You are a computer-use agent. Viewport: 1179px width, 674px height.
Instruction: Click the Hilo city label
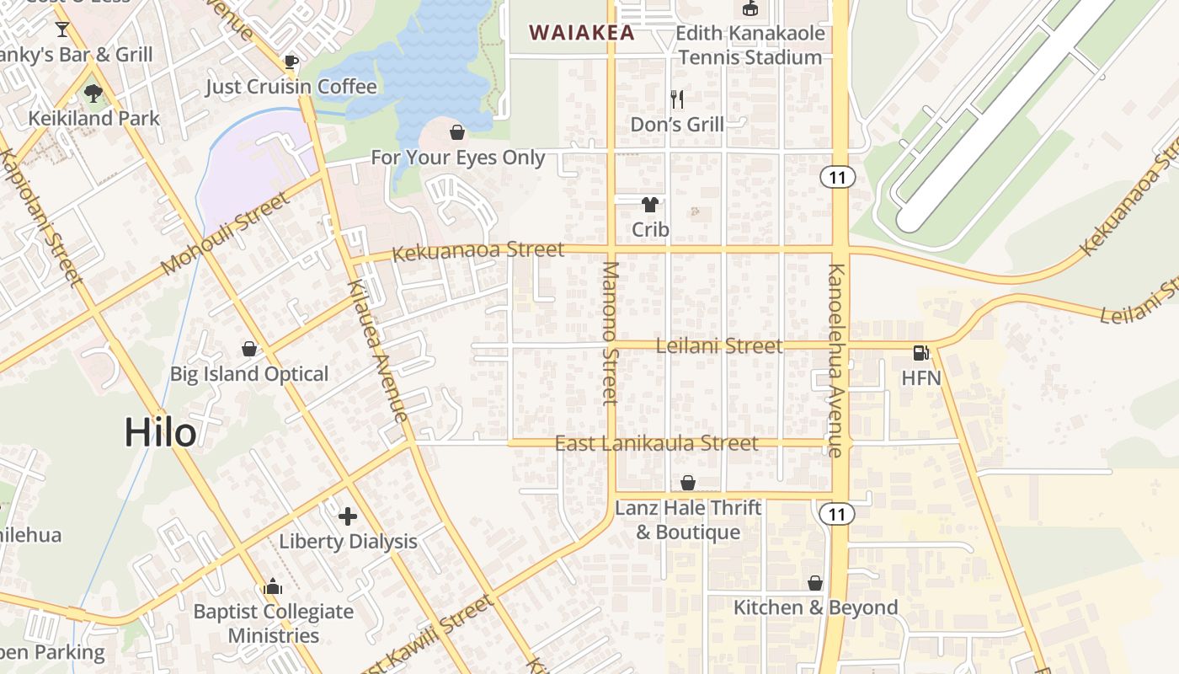160,433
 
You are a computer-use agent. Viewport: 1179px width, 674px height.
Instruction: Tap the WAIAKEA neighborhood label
581,33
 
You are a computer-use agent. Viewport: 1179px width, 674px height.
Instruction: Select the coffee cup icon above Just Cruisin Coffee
291,62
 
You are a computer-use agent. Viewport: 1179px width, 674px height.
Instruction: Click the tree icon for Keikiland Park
93,93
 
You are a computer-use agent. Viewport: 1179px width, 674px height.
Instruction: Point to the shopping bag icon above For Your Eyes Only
457,132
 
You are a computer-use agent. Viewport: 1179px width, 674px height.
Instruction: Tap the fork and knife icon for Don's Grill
677,99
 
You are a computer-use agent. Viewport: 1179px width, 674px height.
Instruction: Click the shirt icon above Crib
650,204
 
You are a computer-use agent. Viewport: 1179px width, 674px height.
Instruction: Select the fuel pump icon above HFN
920,353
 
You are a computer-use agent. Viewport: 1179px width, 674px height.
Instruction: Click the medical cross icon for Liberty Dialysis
347,516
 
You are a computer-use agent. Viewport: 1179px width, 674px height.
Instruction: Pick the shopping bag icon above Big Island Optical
249,349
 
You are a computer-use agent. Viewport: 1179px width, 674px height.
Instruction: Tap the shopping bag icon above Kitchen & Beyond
814,583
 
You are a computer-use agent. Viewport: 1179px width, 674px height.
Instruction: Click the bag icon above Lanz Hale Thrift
688,483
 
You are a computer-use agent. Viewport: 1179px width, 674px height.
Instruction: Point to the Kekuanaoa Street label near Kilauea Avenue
478,250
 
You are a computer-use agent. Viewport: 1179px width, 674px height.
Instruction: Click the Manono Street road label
611,333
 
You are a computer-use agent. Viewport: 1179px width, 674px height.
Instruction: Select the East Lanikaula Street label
656,443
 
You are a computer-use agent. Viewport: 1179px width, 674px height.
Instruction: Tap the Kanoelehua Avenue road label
835,361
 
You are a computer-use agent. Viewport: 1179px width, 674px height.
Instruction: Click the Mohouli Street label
225,233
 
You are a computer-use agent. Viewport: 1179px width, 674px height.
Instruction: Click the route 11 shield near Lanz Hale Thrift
836,514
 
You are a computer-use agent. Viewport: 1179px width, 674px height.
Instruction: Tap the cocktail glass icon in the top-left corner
62,29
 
